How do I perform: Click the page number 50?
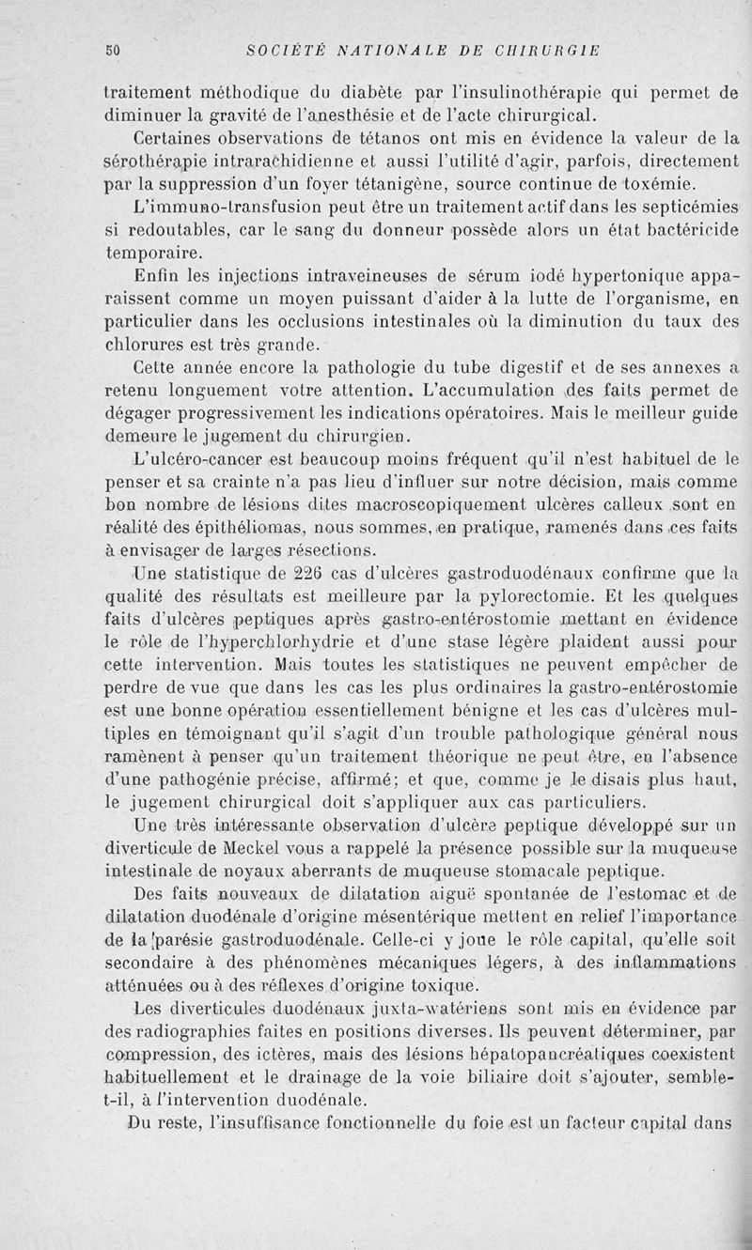[111, 51]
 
